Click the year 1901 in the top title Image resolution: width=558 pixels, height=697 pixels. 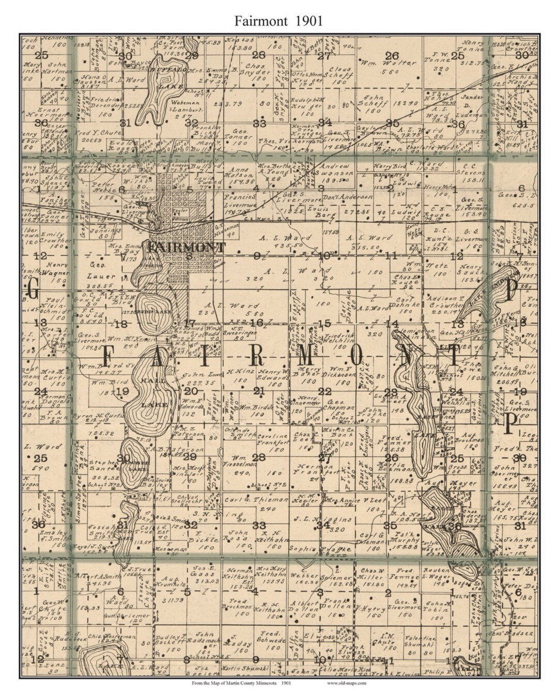click(309, 21)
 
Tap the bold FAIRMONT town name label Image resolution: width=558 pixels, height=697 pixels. click(187, 247)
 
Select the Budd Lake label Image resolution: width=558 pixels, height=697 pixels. click(154, 311)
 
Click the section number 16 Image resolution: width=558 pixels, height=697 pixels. click(257, 323)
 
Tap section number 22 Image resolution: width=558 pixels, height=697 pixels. click(324, 391)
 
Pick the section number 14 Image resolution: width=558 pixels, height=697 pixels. click(393, 324)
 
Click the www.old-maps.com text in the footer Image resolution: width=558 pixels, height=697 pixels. click(347, 683)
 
